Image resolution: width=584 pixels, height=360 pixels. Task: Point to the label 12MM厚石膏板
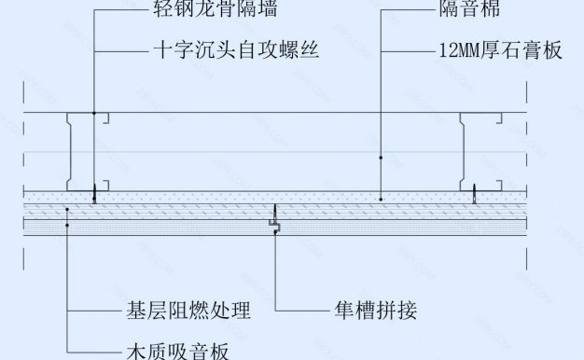point(499,49)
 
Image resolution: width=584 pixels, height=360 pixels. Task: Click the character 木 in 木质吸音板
point(133,351)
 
